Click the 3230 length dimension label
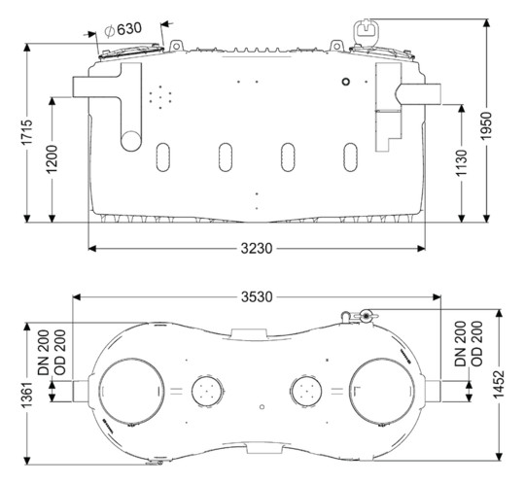[x=257, y=249]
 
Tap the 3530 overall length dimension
[x=257, y=296]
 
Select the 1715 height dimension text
[x=27, y=132]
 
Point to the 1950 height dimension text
[x=487, y=125]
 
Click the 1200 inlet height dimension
[x=52, y=158]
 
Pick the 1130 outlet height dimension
[x=462, y=163]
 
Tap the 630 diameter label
[x=123, y=29]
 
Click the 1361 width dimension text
[x=27, y=395]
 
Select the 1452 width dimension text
[x=499, y=384]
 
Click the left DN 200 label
[x=44, y=352]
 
